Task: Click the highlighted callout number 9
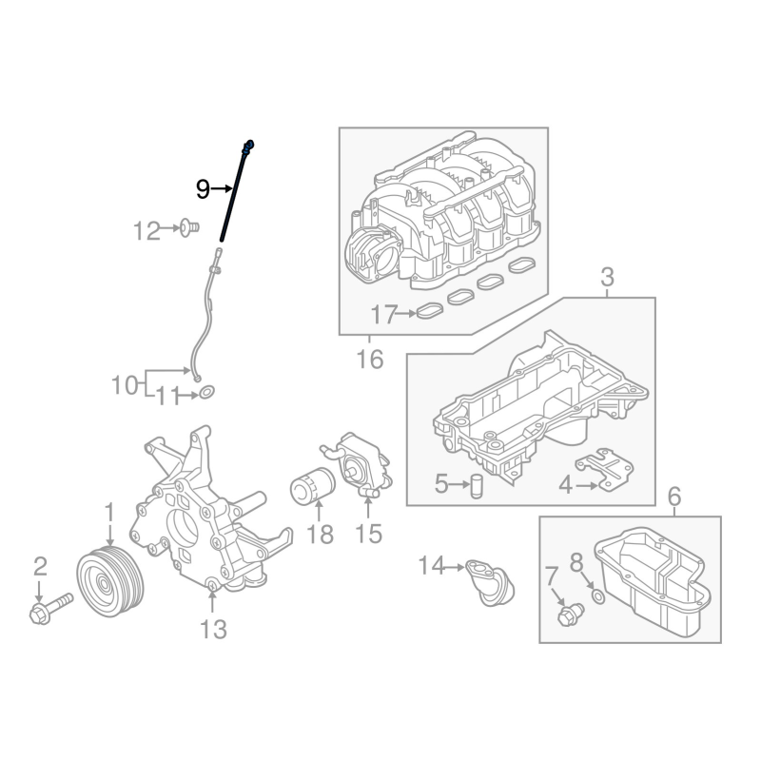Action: click(x=203, y=189)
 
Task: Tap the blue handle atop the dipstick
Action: click(x=249, y=146)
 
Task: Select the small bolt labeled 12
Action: click(x=188, y=227)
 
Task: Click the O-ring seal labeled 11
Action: click(x=207, y=392)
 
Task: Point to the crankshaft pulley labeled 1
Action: click(x=110, y=581)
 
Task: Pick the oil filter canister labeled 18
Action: click(x=313, y=485)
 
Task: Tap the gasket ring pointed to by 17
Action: click(x=430, y=311)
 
